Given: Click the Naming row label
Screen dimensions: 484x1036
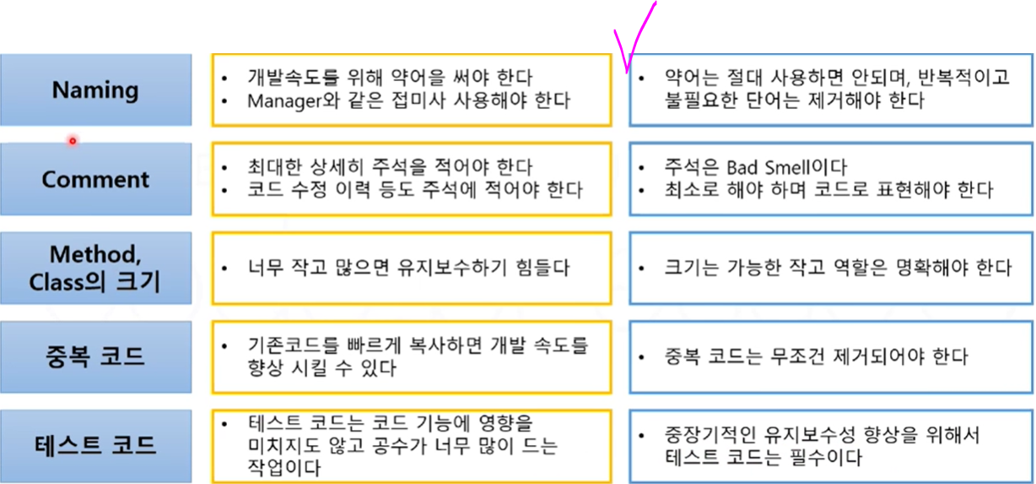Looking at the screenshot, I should (95, 90).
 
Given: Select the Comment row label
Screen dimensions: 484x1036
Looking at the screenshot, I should (95, 180).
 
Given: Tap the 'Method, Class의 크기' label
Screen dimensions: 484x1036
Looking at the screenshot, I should (95, 268).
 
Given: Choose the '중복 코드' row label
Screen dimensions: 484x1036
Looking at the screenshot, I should (95, 356).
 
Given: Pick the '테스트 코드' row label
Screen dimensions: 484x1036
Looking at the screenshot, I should (95, 445).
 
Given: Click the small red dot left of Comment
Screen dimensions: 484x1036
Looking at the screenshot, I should (73, 141).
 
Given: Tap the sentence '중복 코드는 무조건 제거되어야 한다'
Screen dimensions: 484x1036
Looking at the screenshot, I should (816, 356).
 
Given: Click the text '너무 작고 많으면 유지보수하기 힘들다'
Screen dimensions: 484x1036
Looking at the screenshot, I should (408, 268).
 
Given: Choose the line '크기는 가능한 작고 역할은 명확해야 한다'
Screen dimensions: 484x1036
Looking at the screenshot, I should (837, 268).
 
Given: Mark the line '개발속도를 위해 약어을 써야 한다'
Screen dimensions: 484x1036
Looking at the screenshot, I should (390, 78).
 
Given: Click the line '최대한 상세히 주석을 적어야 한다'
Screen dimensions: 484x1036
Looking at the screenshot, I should (390, 167).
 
